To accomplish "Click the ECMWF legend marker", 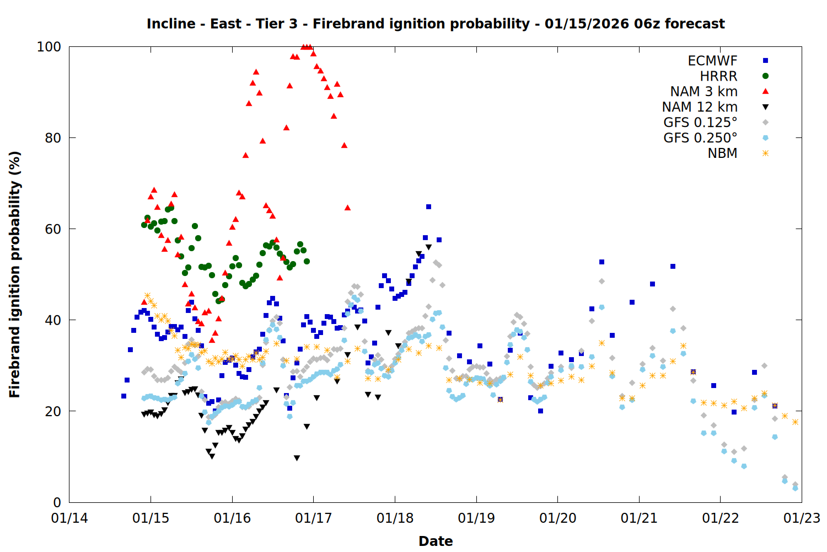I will coord(765,61).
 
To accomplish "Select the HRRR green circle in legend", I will coord(765,76).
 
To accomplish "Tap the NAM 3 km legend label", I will coord(704,92).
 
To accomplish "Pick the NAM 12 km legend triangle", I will coord(765,107).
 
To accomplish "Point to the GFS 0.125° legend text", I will coord(700,123).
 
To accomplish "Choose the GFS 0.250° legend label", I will coord(700,138).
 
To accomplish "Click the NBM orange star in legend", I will coord(765,153).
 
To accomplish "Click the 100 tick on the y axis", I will coord(49,47).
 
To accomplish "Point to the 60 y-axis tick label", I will coord(52,229).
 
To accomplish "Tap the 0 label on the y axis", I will coord(57,502).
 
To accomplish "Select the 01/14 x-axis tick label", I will coord(69,518).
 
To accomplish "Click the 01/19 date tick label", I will coord(476,518).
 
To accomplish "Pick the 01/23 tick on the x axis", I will coord(802,518).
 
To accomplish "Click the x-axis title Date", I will coord(436,541).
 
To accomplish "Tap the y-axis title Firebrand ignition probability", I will coord(15,274).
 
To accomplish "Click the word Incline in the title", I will coord(171,24).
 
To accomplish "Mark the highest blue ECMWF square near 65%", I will coord(428,207).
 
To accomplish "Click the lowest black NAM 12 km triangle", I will coord(297,458).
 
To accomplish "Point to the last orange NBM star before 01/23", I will coord(795,422).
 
